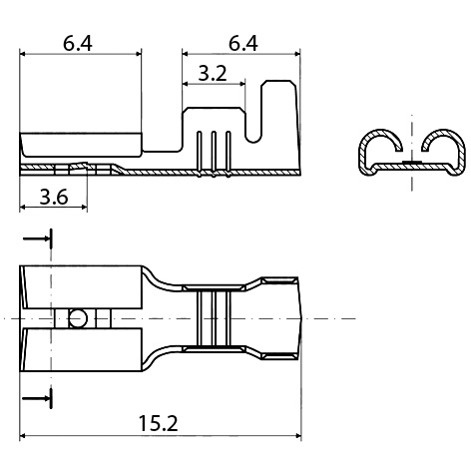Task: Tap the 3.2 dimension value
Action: (x=211, y=73)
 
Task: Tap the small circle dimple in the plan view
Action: (x=76, y=318)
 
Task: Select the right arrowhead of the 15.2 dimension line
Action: (x=296, y=435)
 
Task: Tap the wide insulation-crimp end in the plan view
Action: (x=279, y=318)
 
